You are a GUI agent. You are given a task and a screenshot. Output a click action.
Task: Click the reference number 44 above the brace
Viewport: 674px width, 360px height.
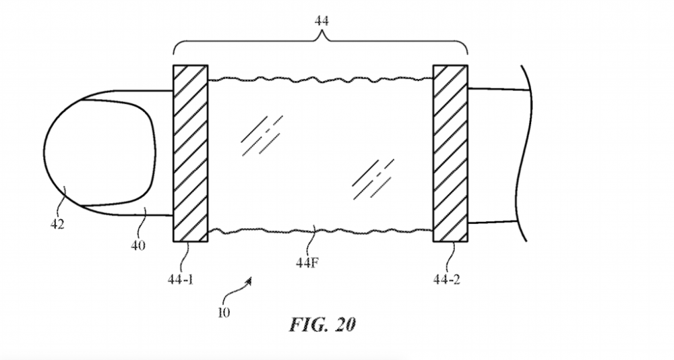coord(321,21)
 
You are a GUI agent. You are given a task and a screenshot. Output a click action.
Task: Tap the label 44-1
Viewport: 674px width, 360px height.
coord(181,280)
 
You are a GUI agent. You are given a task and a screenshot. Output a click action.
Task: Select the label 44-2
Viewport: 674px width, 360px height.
coord(447,280)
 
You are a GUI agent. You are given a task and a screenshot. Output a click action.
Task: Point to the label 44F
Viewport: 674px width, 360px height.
coord(307,262)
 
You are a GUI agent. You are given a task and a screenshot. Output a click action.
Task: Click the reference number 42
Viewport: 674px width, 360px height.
coord(57,224)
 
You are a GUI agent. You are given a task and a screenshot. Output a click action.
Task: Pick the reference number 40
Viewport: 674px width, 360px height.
coord(138,245)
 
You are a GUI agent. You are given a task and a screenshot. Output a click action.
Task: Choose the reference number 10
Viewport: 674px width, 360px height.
coord(224,313)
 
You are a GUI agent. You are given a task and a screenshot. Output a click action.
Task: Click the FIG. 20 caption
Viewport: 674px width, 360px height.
coord(322,324)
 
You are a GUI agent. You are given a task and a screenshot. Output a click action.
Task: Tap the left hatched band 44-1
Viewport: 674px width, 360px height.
coord(191,154)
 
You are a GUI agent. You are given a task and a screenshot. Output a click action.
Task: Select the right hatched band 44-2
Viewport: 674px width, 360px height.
coord(450,154)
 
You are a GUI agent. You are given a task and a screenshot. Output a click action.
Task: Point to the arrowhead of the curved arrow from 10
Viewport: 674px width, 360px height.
coord(249,280)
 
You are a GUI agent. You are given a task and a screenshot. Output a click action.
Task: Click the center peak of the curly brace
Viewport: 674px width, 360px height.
coord(321,35)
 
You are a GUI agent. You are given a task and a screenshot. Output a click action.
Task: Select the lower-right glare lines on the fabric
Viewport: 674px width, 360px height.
coord(373,179)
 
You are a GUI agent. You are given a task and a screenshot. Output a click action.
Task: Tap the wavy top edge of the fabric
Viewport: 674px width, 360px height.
coord(320,79)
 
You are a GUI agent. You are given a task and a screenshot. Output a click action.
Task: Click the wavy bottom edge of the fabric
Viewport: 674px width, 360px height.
coord(320,231)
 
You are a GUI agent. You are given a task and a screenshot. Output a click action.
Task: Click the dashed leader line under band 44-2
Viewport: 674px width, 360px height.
coord(450,258)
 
